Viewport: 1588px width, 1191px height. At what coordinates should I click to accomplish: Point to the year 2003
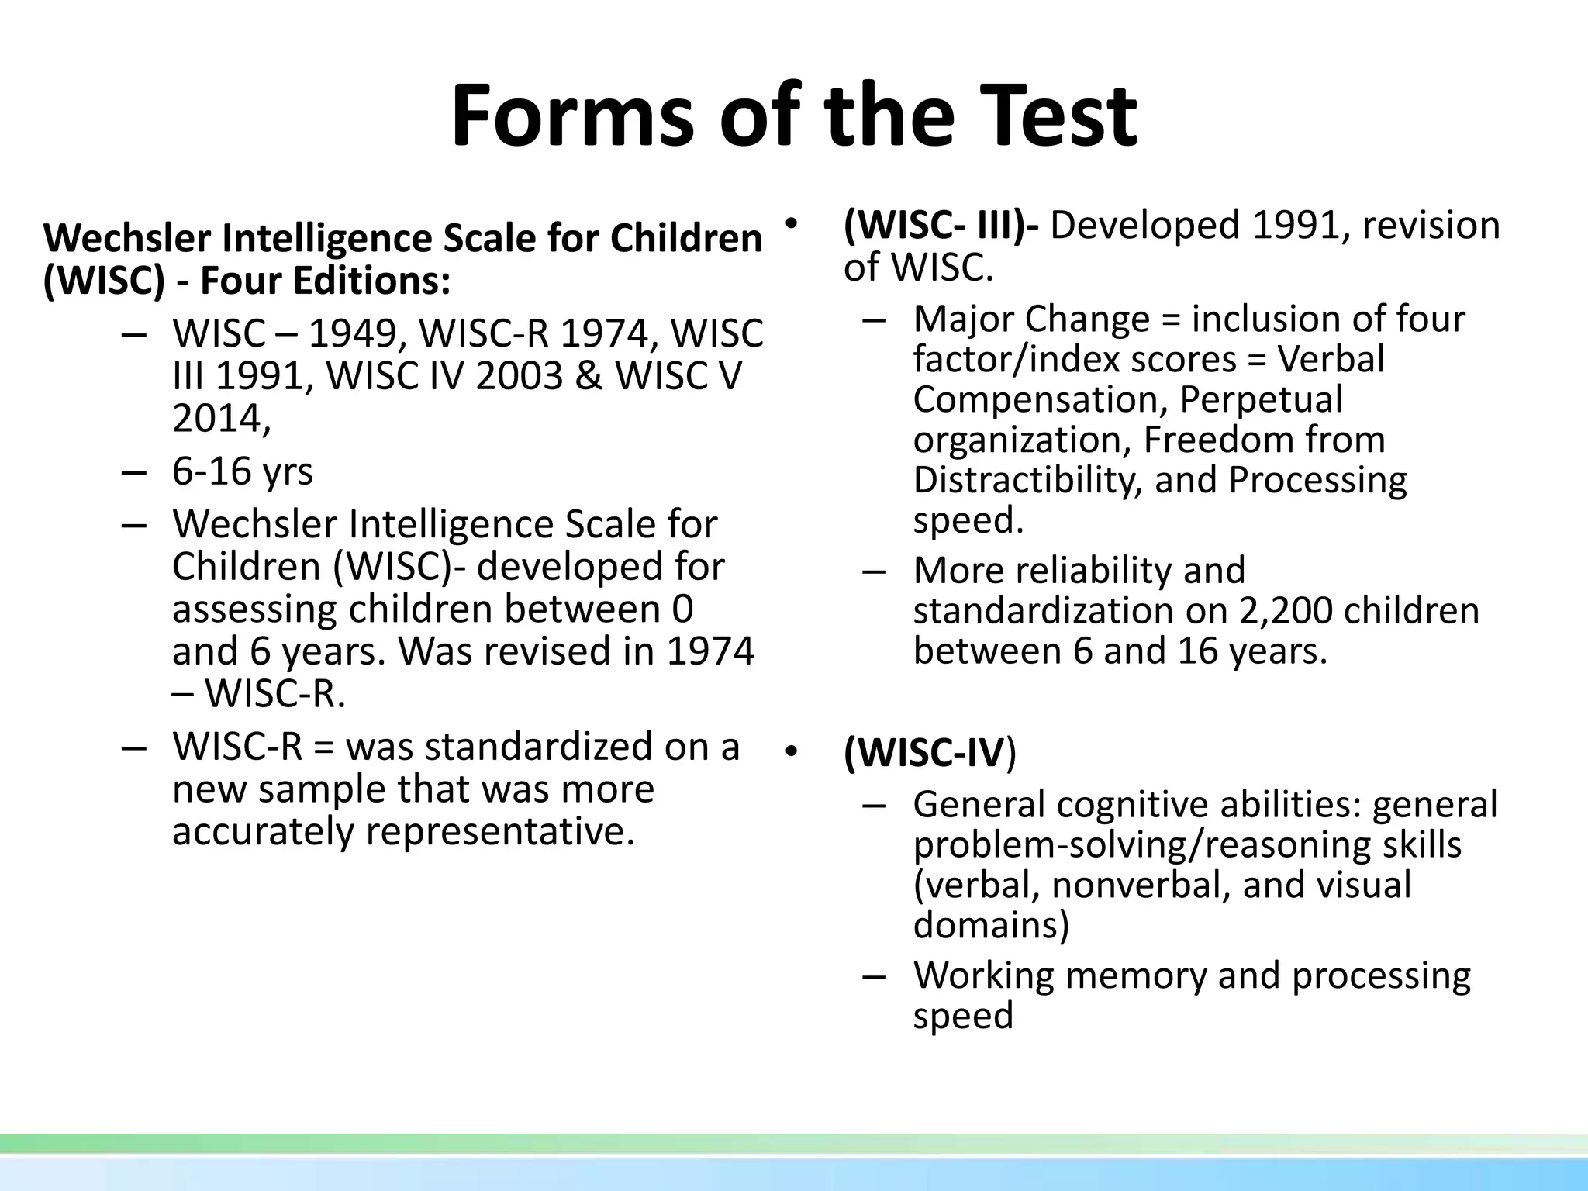519,376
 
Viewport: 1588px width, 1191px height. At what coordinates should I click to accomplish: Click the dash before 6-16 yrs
134,471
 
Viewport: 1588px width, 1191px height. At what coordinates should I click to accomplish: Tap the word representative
495,830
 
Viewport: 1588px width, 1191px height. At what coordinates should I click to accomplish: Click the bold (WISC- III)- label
941,226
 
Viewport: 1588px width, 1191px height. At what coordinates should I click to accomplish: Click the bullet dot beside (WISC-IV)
791,752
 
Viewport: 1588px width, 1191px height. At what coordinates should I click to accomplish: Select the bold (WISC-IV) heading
929,752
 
